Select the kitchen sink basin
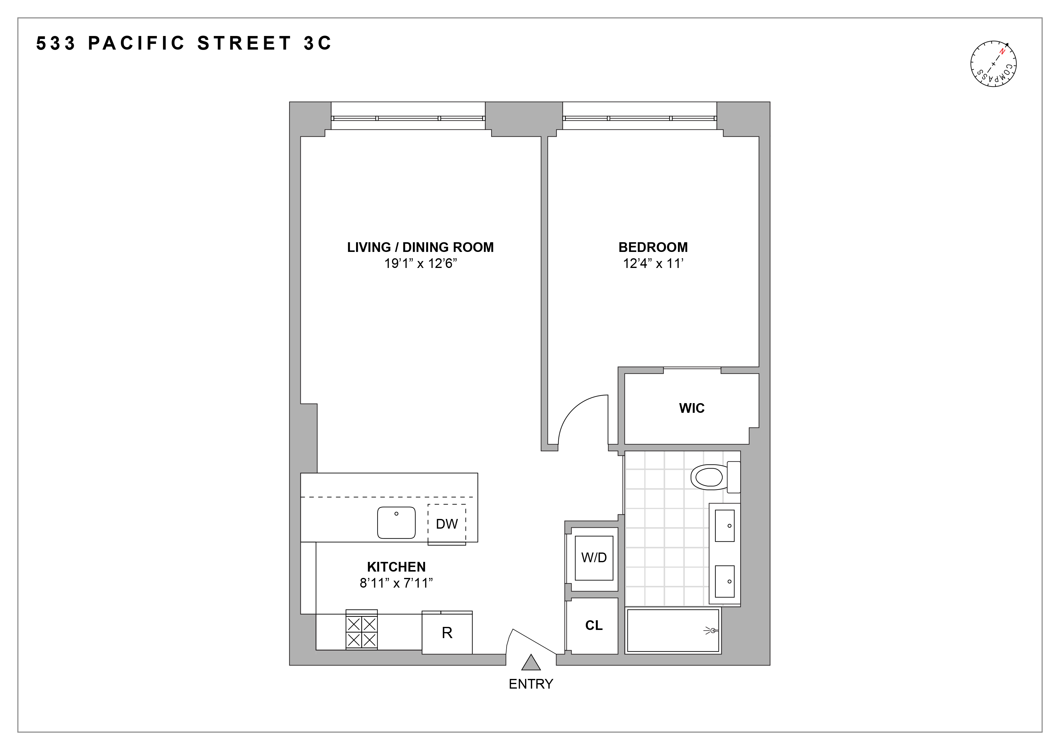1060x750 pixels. tap(396, 522)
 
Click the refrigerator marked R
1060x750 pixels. tap(447, 633)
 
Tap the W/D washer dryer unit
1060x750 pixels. tap(594, 558)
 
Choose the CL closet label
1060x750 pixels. tap(594, 625)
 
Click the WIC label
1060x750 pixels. tap(692, 408)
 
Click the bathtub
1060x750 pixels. tap(673, 630)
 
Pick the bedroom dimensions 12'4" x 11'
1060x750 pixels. tap(653, 264)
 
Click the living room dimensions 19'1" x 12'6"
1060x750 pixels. tap(420, 264)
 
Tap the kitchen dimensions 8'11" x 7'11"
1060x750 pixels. tap(396, 583)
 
